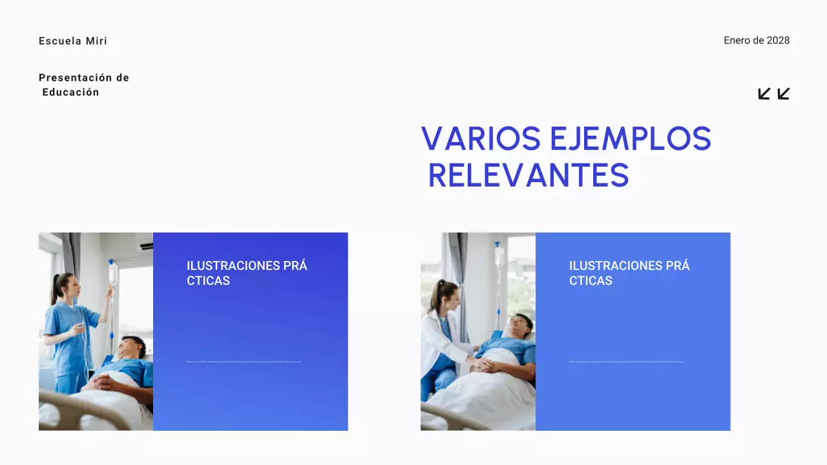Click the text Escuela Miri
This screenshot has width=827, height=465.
click(73, 41)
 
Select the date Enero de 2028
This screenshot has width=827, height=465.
click(757, 41)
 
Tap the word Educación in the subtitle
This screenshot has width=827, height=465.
click(71, 92)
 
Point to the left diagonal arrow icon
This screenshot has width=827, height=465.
click(764, 94)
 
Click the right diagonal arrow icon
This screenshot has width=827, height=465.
click(784, 94)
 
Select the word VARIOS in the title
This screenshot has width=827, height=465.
click(481, 139)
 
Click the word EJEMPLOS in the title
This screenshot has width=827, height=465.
click(631, 139)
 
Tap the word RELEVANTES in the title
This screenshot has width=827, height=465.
click(529, 176)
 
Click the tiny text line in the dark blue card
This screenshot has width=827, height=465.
click(244, 362)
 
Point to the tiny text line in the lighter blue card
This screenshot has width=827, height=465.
click(626, 362)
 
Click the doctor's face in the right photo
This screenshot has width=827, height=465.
click(451, 299)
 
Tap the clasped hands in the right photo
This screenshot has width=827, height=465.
click(482, 366)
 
